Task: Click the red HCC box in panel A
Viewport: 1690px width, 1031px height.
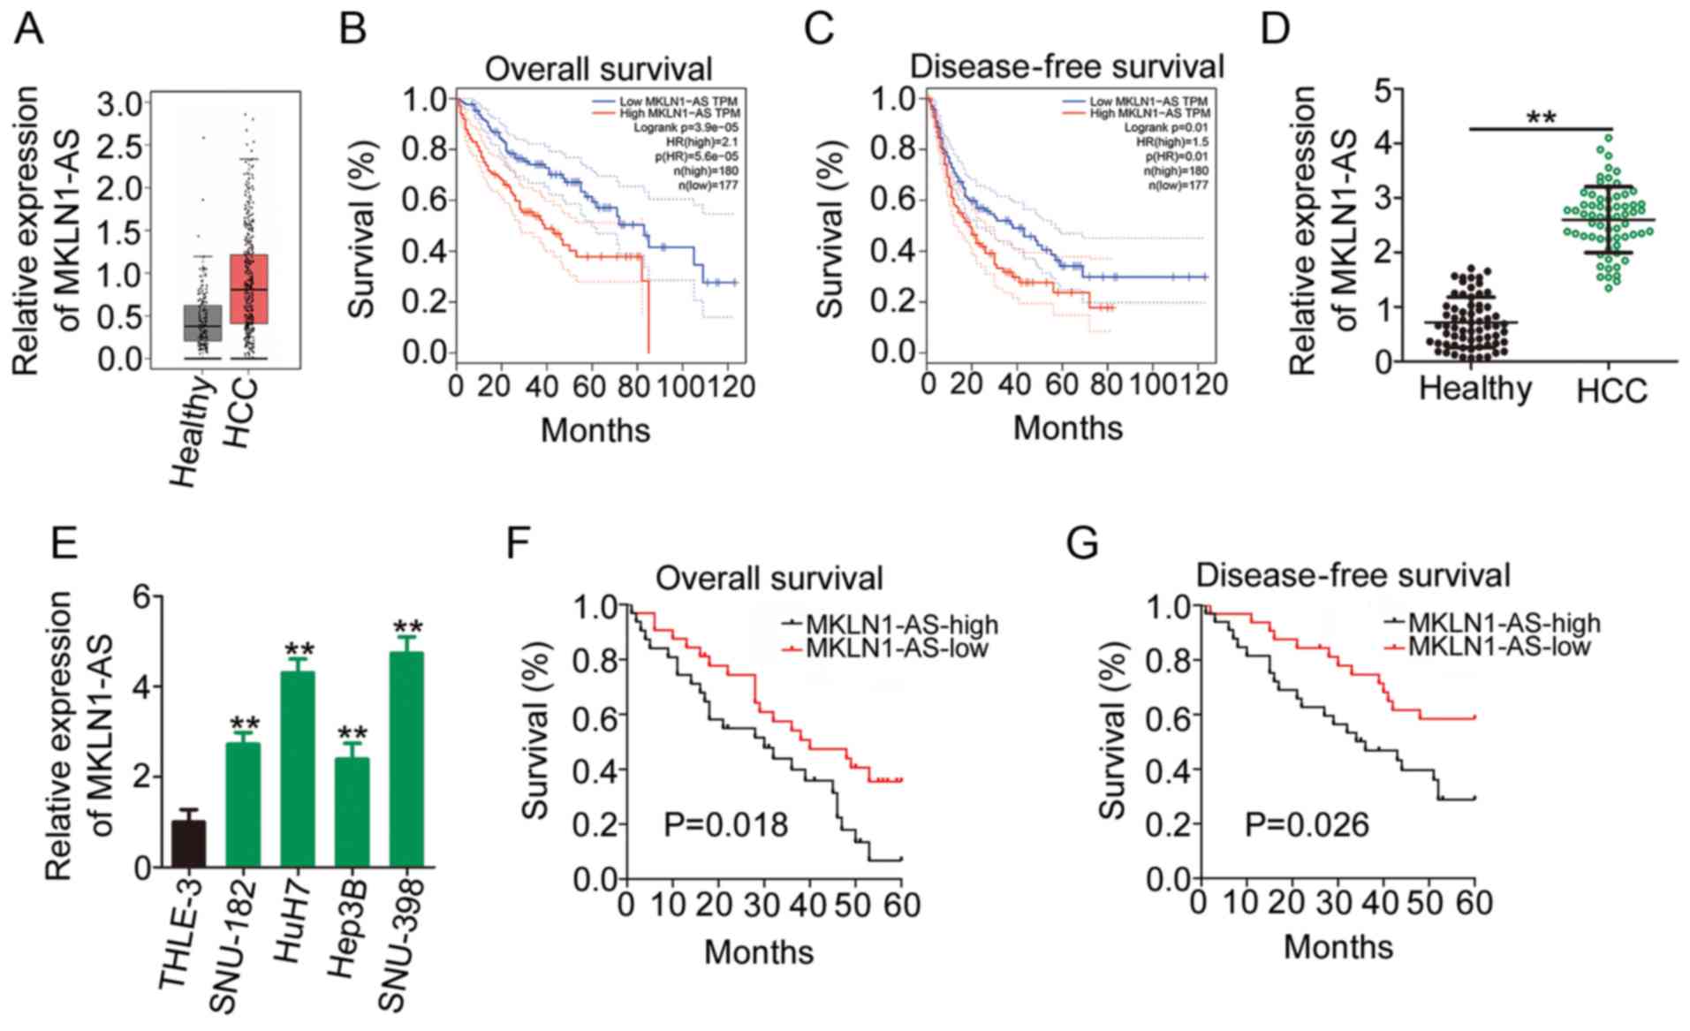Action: [x=248, y=289]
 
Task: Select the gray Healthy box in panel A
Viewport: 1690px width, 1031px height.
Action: [x=202, y=322]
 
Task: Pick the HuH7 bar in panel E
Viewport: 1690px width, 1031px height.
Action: [x=297, y=769]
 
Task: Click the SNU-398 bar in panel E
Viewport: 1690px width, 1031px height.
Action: [x=406, y=759]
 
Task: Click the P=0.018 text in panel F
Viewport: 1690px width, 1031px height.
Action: [x=725, y=825]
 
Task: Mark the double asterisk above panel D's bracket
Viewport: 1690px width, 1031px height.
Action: [x=1541, y=118]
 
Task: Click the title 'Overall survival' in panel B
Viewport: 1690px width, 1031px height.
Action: [x=598, y=70]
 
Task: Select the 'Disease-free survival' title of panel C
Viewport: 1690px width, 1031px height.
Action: [x=1066, y=66]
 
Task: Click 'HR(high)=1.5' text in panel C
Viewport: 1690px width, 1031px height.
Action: [x=1172, y=141]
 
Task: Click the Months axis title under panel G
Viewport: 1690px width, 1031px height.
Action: [x=1338, y=947]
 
